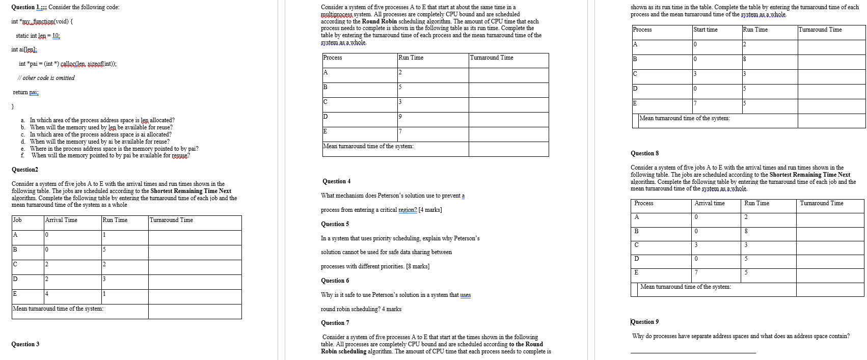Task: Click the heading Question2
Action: click(24, 170)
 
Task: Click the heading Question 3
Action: click(25, 344)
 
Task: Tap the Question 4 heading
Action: click(336, 181)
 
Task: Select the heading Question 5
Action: click(335, 224)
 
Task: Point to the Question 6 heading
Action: click(335, 281)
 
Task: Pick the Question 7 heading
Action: click(335, 323)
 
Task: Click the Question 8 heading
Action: click(644, 153)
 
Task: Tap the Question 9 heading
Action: click(644, 322)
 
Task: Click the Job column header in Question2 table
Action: click(17, 220)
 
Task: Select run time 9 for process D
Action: click(400, 117)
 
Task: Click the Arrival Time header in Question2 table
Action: click(61, 220)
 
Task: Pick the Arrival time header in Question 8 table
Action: click(709, 203)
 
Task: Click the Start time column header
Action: click(706, 30)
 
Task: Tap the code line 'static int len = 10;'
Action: click(38, 36)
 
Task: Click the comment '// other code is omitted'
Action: click(46, 78)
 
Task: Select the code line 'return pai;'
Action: click(25, 92)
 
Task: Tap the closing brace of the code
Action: click(13, 106)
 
